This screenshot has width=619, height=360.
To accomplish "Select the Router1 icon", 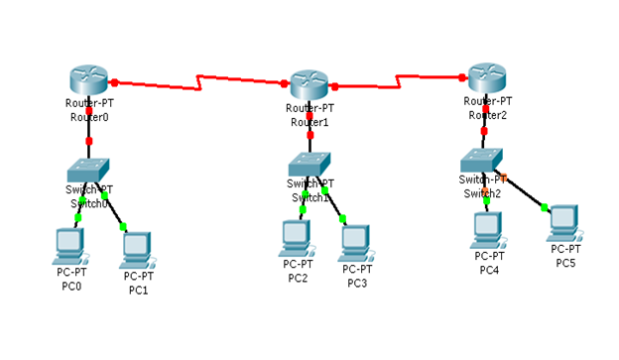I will (x=309, y=85).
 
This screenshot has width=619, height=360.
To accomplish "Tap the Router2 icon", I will (x=486, y=77).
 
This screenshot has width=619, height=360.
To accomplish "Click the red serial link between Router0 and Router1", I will (x=203, y=80).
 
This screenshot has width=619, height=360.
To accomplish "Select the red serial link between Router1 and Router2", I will (x=402, y=79).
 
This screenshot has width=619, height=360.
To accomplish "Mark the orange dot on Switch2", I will (x=503, y=178).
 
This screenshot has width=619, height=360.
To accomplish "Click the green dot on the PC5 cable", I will (x=545, y=206).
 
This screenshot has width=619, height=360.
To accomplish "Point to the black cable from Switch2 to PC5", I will (x=524, y=192).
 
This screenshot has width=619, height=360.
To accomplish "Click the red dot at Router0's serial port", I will (x=115, y=81).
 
